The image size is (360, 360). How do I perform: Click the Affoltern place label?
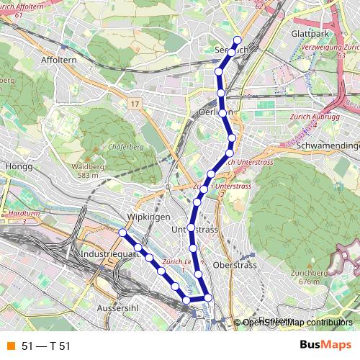tap(59, 60)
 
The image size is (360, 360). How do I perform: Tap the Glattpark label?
tap(310, 34)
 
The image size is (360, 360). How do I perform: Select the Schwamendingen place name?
tap(328, 145)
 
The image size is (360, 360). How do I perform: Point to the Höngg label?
tap(14, 166)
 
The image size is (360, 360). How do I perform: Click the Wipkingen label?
tap(148, 217)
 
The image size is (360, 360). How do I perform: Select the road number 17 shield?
tap(135, 104)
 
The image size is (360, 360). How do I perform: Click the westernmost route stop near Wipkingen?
tap(123, 233)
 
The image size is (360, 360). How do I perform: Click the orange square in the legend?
tap(9, 346)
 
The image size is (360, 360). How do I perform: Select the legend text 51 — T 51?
tap(46, 346)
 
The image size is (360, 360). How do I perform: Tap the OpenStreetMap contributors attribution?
tap(297, 323)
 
